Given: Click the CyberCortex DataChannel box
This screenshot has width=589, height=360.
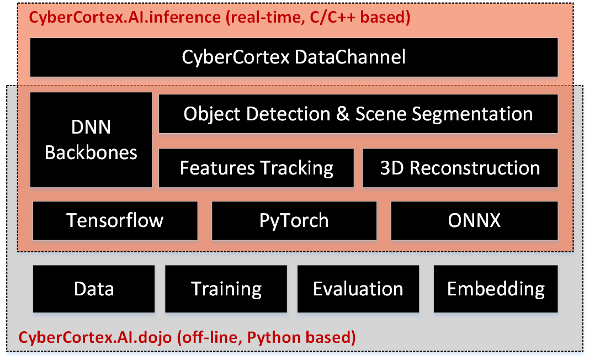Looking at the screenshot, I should (x=294, y=57).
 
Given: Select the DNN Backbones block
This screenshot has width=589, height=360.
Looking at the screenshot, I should (x=91, y=139).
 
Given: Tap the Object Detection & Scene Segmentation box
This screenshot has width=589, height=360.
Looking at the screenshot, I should (x=358, y=114).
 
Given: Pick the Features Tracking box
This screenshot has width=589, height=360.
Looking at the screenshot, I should (x=256, y=168).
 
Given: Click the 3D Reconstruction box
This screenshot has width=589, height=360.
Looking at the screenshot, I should (x=460, y=168).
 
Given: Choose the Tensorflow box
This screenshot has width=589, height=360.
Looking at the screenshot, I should (x=115, y=220).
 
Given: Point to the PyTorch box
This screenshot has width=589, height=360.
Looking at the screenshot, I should (x=294, y=220).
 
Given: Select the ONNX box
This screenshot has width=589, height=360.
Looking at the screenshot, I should (x=474, y=220).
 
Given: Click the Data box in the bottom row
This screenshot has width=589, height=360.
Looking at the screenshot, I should (x=94, y=289).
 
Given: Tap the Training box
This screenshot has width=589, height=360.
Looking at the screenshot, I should (x=226, y=289).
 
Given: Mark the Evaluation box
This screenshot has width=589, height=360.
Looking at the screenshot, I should (x=358, y=289).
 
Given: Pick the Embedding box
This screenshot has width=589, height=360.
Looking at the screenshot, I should (x=495, y=289).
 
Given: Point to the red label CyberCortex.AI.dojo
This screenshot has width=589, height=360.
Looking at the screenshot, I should (x=103, y=337).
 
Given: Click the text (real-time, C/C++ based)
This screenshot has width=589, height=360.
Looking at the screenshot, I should (x=317, y=17).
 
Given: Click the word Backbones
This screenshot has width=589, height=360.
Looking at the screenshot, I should (x=91, y=152).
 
